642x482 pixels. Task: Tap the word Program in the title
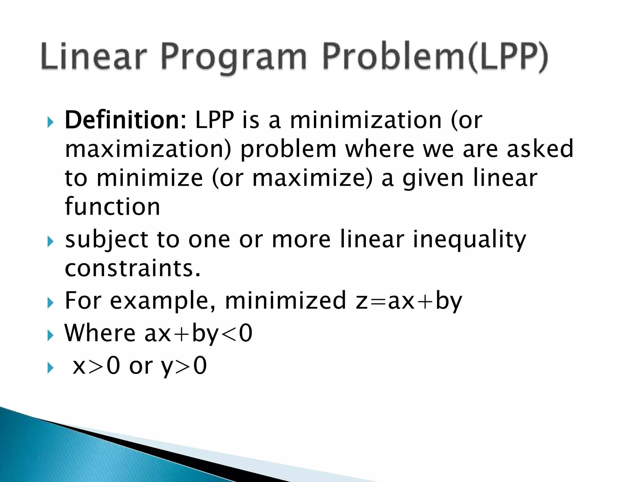pos(234,58)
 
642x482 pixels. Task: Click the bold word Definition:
pos(125,120)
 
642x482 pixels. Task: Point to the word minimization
pos(366,120)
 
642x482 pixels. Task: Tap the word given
pos(433,178)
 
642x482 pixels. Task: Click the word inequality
pos(469,240)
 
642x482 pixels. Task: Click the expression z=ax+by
pos(409,301)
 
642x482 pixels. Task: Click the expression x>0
pos(96,366)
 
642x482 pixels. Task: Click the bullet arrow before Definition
pos(50,122)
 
